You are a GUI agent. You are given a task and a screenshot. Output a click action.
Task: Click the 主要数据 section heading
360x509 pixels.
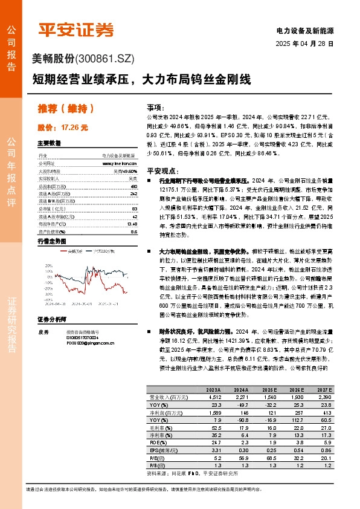(x=50, y=144)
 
